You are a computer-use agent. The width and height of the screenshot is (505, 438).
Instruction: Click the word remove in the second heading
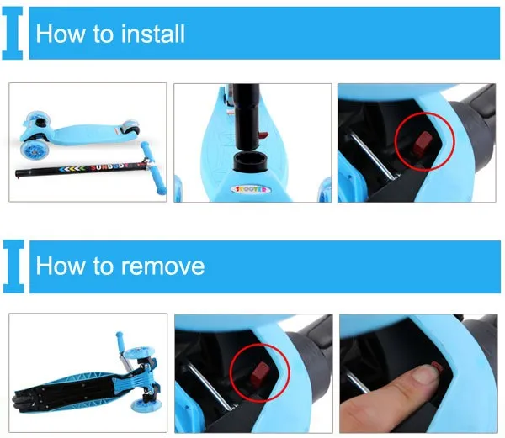click(162, 266)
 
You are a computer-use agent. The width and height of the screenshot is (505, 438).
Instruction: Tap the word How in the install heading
click(60, 34)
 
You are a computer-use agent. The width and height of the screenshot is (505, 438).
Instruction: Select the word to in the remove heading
click(104, 266)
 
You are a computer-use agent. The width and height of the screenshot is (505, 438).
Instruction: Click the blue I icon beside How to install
click(13, 33)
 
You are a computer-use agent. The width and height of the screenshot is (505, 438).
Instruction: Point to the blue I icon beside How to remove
click(13, 266)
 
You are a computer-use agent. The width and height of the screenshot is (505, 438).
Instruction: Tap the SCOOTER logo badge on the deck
click(251, 189)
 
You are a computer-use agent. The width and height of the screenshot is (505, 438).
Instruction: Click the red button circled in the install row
click(423, 144)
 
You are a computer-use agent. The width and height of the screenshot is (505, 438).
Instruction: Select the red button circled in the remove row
click(259, 375)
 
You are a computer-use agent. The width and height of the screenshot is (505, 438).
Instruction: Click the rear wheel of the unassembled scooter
click(130, 128)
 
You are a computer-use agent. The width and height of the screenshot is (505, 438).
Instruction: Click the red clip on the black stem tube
click(263, 135)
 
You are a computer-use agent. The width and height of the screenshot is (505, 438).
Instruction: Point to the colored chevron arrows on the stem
click(73, 169)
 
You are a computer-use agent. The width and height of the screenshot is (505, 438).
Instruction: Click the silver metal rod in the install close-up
click(375, 156)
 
